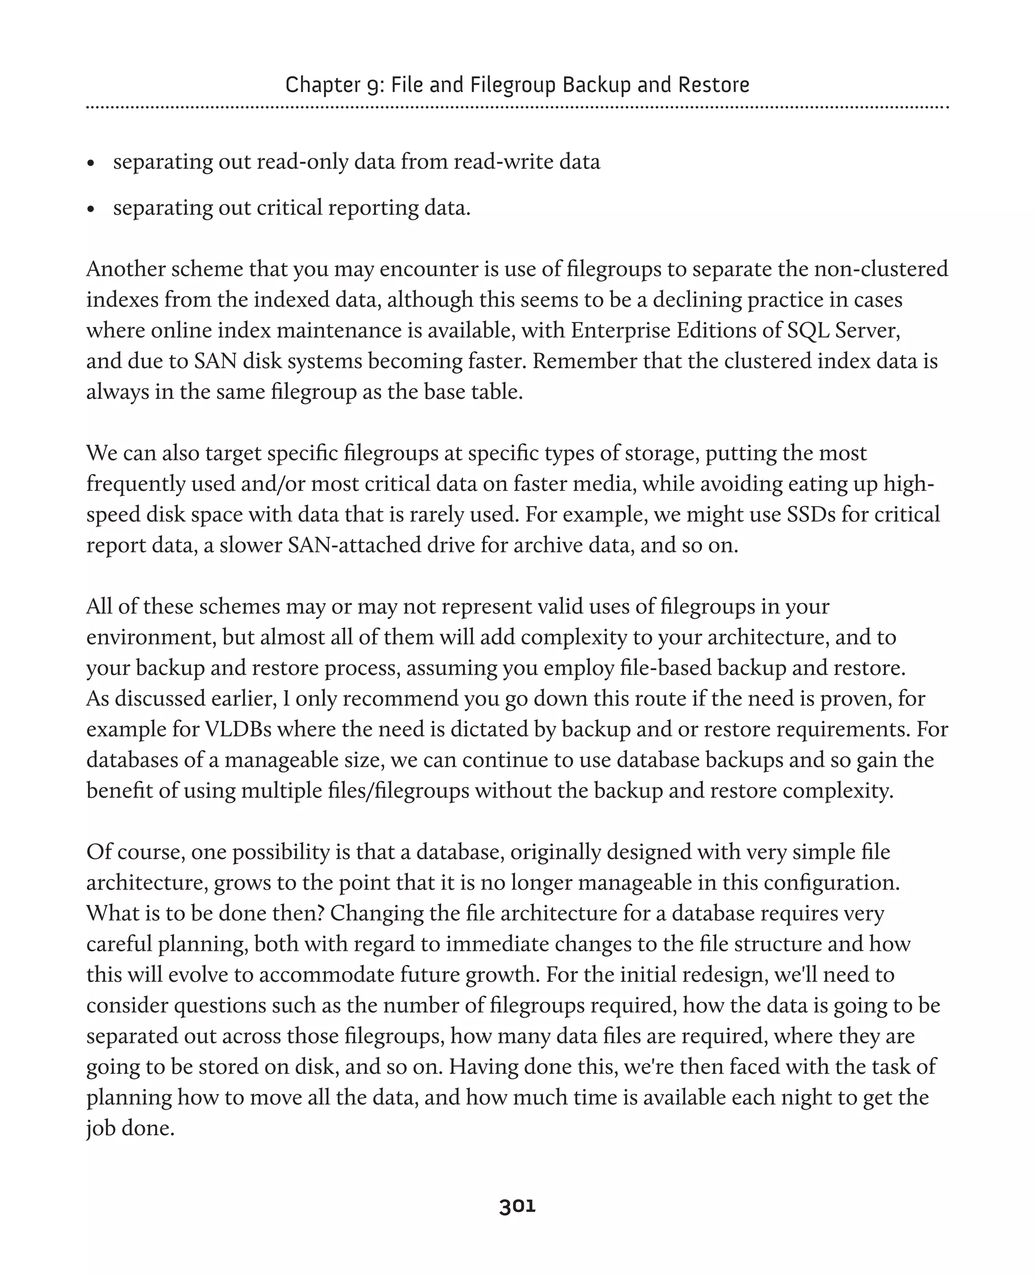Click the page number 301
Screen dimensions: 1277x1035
(517, 1206)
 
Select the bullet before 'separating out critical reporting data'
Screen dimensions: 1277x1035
(90, 209)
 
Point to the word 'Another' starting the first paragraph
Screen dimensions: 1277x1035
(125, 269)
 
